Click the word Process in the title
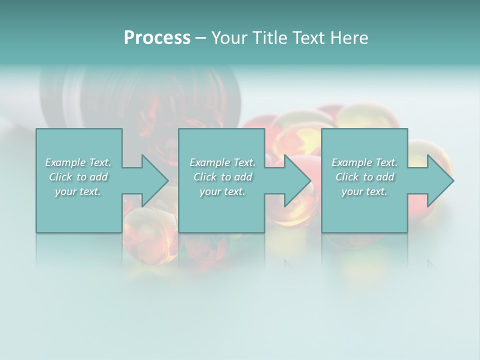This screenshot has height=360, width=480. coord(157,38)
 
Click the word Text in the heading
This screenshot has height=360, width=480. coord(306,38)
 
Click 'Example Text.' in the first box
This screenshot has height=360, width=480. coord(78,162)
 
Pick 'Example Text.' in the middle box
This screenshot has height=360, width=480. coord(222,162)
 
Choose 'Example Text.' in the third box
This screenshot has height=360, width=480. coord(364,162)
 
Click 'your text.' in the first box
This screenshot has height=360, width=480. coord(78,191)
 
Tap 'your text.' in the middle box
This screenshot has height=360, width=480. coord(222,191)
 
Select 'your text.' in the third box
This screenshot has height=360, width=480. coord(364,191)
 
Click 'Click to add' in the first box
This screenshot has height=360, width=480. coord(78,177)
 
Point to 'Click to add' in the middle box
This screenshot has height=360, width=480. coord(222,177)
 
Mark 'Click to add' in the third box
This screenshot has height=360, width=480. coord(364,177)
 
